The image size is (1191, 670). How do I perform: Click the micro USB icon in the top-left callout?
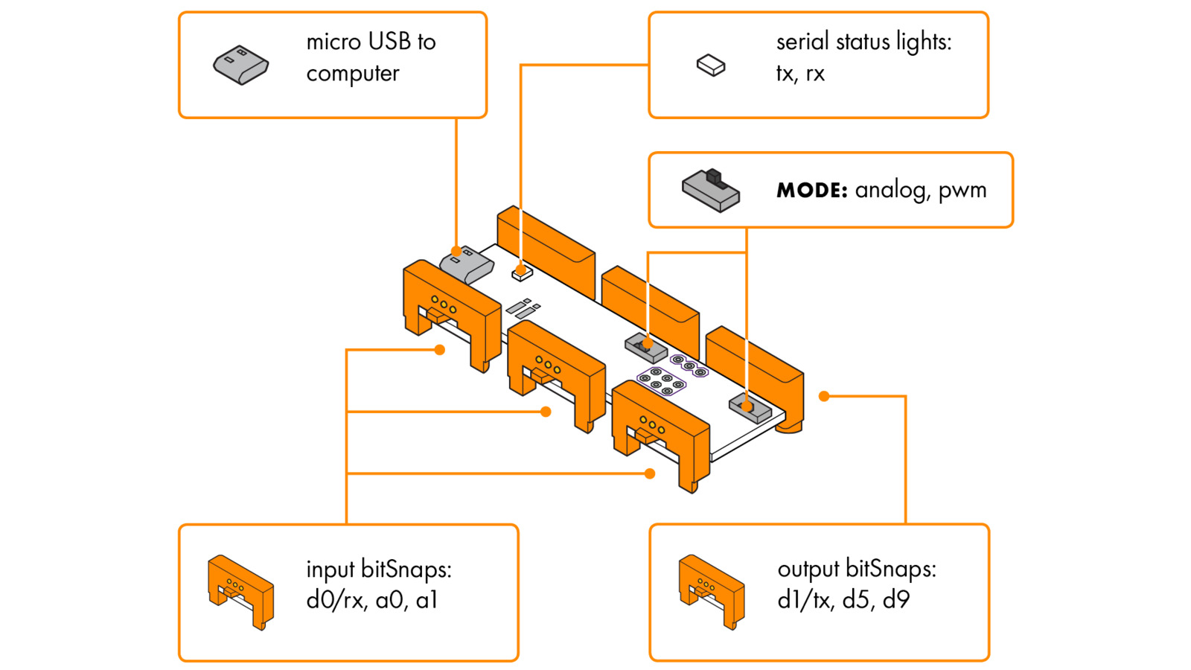point(240,65)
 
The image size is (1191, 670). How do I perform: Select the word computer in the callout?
point(353,74)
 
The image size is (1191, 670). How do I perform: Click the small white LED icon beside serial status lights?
point(711,66)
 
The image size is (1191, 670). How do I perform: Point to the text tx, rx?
point(800,74)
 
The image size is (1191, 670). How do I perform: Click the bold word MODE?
point(811,191)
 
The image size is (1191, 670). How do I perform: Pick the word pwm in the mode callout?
point(962,191)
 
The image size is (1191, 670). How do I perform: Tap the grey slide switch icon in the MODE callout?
point(711,191)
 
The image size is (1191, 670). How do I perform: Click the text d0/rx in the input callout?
point(337,600)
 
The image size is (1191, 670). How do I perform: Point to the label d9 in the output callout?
point(896,600)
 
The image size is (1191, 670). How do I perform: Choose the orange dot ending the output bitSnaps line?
point(824,396)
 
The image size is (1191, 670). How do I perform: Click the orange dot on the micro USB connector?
point(456,252)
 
